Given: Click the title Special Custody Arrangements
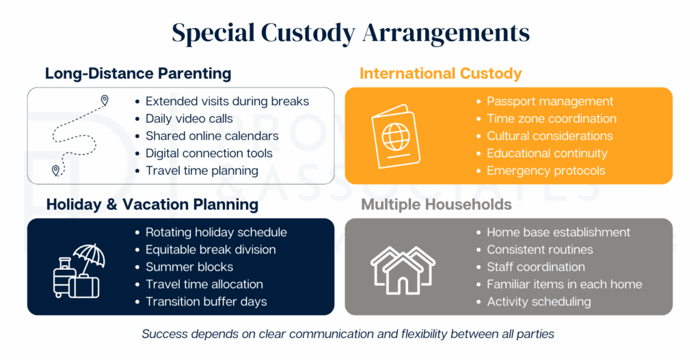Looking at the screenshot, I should (350, 33).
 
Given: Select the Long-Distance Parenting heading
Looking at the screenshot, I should (138, 73).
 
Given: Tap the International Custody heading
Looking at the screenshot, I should (440, 73).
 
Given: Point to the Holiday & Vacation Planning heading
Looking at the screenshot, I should (152, 204).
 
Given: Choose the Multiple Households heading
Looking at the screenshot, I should (436, 204).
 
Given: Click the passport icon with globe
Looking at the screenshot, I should (394, 135).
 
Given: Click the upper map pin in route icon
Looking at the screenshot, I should (105, 100).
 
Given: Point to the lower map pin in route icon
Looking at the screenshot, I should (56, 169).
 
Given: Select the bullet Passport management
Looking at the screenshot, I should (550, 102).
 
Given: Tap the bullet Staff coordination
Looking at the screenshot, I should (535, 267).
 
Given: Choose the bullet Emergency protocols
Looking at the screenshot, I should (546, 171).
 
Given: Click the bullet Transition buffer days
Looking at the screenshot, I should (206, 301).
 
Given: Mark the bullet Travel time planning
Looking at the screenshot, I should (202, 171).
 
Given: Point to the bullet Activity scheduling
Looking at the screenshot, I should (539, 301).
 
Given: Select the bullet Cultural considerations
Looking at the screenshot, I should (550, 136).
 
